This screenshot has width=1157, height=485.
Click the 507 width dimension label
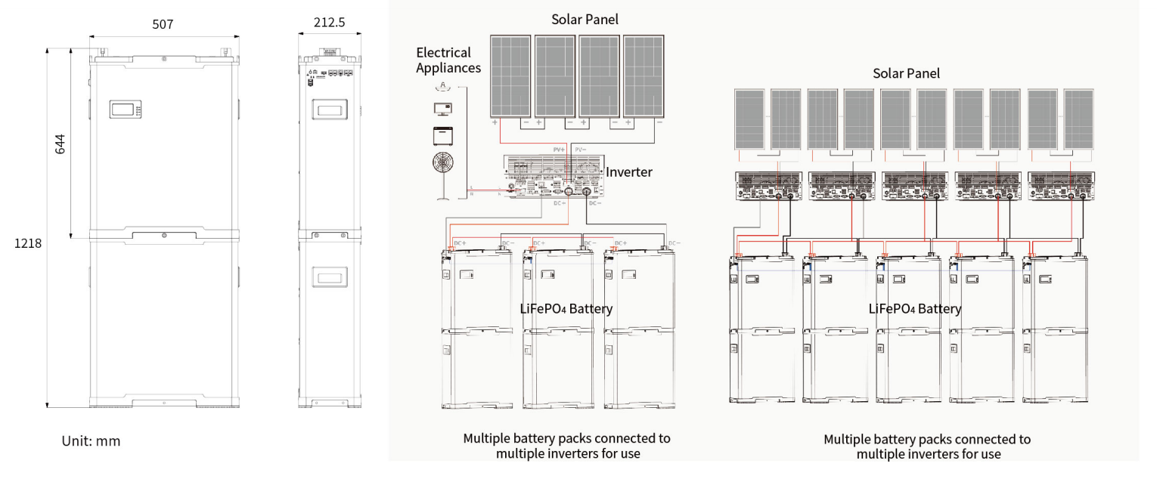[x=163, y=24]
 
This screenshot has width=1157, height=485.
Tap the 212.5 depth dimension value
[x=329, y=23]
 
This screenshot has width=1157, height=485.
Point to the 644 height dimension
[x=61, y=144]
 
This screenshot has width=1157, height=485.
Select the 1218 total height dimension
[x=27, y=244]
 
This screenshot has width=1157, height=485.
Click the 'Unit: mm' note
[x=91, y=441]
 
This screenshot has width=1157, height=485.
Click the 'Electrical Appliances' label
[x=448, y=60]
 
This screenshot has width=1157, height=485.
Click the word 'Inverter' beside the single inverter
[x=628, y=172]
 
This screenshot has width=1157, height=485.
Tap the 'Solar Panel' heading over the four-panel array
[x=585, y=20]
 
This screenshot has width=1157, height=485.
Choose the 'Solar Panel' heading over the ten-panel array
[x=906, y=73]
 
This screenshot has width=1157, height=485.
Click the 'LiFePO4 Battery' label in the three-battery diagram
[x=566, y=308]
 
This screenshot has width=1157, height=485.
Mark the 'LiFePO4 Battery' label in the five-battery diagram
[x=915, y=308]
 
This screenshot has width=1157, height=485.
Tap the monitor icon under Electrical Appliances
[x=442, y=109]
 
